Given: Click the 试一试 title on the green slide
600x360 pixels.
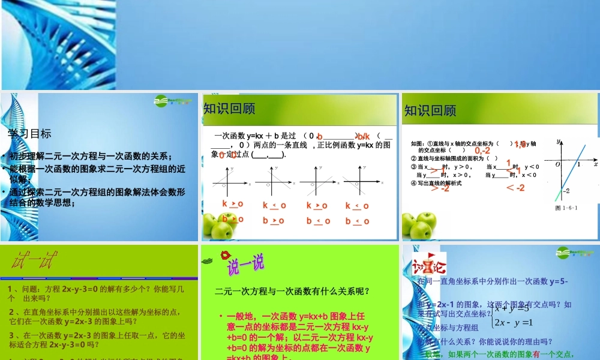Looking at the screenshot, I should tap(35, 261).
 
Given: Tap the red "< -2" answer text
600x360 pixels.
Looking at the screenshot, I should tap(515, 188).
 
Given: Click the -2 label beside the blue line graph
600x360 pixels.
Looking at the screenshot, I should tap(565, 190).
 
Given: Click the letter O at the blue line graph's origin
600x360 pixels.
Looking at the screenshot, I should tap(557, 164).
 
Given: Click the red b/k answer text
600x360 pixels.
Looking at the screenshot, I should tap(364, 137).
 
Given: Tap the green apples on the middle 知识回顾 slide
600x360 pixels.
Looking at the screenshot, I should tap(217, 225).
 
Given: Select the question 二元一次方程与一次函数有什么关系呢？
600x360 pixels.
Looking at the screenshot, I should tap(292, 292).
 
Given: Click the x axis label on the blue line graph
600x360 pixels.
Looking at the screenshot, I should tap(595, 163).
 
